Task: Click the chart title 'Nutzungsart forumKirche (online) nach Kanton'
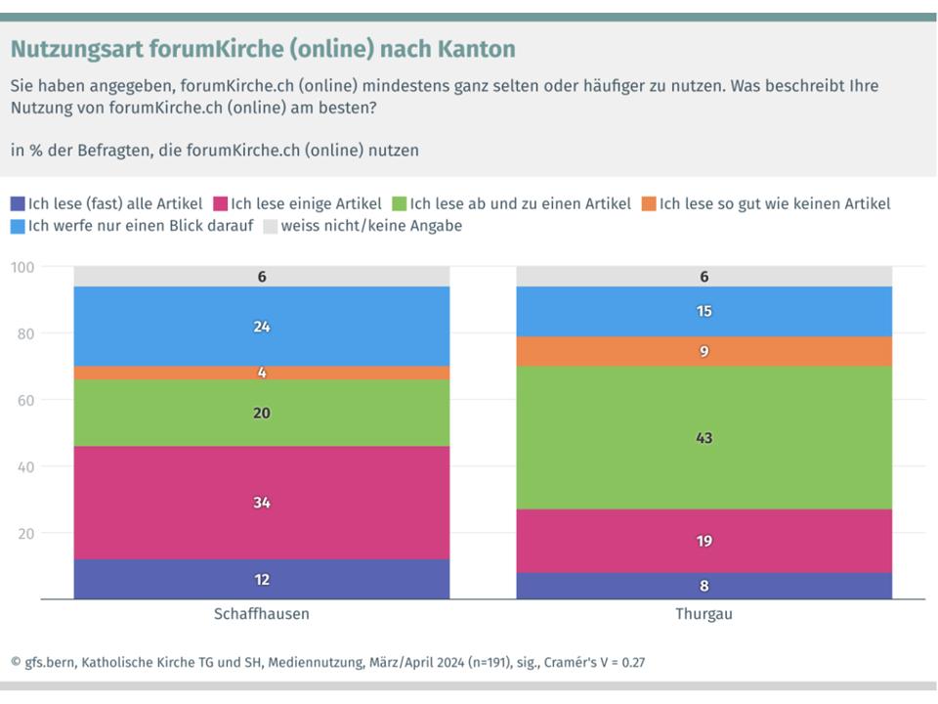coord(263,49)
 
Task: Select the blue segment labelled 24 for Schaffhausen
coord(262,327)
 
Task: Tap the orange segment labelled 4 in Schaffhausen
coord(262,373)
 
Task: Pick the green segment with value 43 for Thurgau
coord(703,437)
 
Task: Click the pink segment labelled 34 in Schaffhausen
coord(262,503)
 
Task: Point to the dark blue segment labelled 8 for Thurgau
coord(703,586)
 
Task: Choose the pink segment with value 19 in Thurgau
coord(703,540)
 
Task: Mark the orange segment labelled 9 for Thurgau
coord(703,351)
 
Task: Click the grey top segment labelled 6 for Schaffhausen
coord(262,277)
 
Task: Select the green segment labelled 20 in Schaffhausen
coord(262,413)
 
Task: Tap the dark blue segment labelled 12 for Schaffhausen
coord(262,579)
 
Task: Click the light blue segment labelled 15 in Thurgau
coord(703,311)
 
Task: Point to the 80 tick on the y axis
coord(23,333)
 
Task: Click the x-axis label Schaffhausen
coord(261,615)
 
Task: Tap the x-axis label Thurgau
coord(703,615)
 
